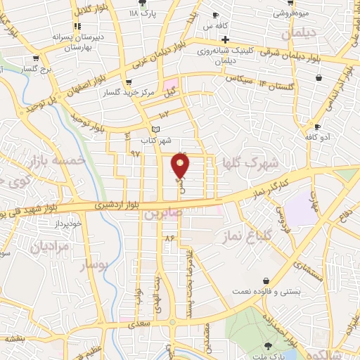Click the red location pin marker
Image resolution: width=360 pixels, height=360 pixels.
181,166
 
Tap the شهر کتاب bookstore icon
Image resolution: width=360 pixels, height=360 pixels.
156,129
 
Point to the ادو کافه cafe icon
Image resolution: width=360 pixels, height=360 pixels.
318,127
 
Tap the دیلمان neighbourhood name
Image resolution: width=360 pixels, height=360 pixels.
300,34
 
